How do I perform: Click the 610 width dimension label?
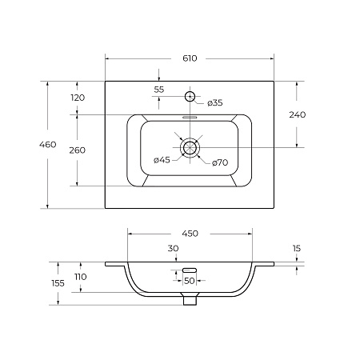click(190, 58)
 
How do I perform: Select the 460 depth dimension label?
click(48, 145)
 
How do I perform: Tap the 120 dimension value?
click(78, 98)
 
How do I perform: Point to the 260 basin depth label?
click(78, 150)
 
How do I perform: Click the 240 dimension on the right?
click(298, 114)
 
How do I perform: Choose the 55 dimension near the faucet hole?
click(159, 90)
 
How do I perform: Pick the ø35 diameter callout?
click(215, 102)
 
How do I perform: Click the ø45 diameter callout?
click(162, 160)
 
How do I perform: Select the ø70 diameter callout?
click(220, 162)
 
